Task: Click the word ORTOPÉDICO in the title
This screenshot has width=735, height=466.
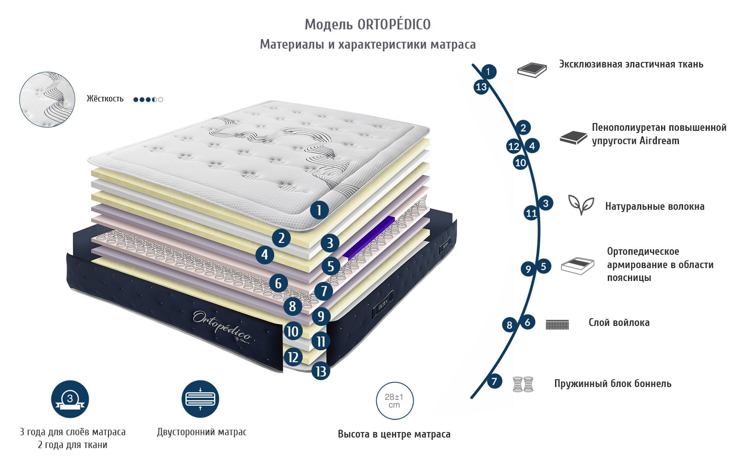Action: coord(394,24)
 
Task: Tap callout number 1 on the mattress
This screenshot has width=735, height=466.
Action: coord(319,211)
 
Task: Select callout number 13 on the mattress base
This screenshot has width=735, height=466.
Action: coord(321,371)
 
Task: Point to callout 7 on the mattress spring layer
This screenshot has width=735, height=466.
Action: coord(324,291)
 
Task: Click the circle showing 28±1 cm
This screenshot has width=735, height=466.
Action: coord(395,400)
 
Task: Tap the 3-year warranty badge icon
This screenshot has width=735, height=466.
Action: coord(70,399)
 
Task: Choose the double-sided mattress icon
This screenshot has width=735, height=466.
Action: coord(200,399)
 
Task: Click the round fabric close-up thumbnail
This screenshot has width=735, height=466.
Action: coord(47,99)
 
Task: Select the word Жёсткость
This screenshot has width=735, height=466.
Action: coord(105,99)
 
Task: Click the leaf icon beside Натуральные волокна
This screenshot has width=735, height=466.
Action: coord(581,205)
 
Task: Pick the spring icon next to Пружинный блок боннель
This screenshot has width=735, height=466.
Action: coord(523,384)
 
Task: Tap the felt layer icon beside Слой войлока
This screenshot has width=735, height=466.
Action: coord(557,325)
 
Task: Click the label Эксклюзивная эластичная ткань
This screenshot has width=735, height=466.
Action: coord(631,64)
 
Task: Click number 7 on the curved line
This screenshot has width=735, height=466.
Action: coord(494,381)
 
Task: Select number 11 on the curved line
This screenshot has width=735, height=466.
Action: coord(531,213)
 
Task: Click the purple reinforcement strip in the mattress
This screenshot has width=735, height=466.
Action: coord(369,236)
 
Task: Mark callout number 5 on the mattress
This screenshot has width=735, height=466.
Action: coord(331,266)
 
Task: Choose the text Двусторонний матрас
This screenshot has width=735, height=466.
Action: coord(202,432)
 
